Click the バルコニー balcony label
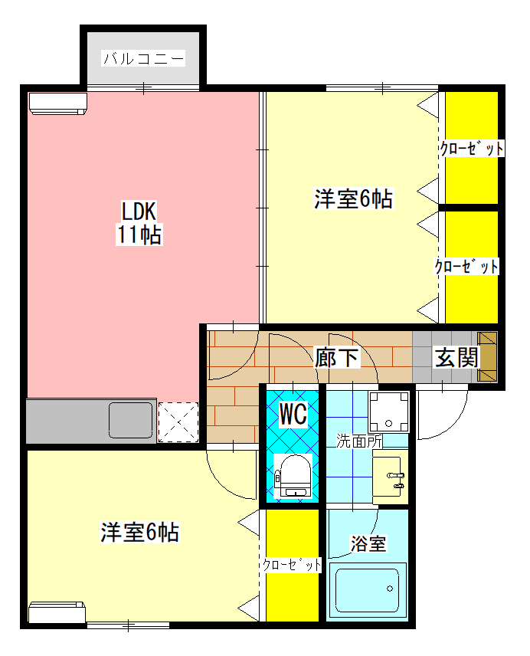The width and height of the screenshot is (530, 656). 143,58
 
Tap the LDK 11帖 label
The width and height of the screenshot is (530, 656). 139,222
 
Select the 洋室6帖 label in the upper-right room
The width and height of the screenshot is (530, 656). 353,198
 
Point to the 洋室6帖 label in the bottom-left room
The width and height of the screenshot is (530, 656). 139,532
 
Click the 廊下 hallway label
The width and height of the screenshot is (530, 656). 337,358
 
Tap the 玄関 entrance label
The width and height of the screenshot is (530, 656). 456,358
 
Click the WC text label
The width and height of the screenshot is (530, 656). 293,414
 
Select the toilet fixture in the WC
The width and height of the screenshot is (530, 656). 293,476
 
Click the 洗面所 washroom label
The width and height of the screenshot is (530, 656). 359,441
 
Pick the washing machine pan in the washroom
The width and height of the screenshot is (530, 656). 389,412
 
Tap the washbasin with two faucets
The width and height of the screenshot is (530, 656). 390,477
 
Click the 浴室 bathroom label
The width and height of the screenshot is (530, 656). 368,543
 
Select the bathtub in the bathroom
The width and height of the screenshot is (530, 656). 368,590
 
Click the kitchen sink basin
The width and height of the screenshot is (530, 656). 131,420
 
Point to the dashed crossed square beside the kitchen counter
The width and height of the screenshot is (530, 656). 178,421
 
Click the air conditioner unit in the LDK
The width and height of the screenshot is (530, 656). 57,103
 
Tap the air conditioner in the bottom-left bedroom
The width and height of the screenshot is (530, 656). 57,612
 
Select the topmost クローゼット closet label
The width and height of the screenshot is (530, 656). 472,149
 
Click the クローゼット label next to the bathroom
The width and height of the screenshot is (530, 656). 292,566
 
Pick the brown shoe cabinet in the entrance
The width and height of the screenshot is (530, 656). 487,357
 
